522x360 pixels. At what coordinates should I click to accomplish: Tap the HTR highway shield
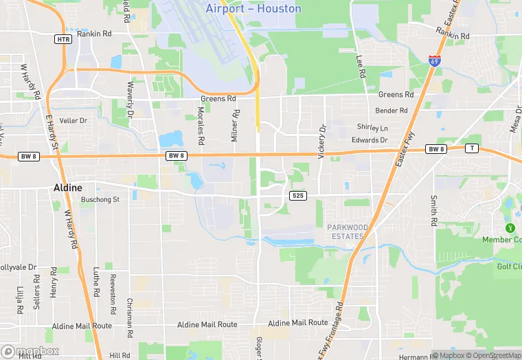64,39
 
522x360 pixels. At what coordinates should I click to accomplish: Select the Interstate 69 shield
434,61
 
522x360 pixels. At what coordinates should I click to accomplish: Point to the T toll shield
471,148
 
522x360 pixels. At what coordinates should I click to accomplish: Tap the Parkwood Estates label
348,232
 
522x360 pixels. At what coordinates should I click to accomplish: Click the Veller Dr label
73,120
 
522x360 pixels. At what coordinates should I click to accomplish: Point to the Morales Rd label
201,125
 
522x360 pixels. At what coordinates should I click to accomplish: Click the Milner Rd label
235,126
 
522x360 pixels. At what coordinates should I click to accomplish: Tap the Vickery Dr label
321,141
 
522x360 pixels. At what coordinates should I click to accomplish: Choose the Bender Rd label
391,110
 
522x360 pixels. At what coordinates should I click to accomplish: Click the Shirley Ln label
372,127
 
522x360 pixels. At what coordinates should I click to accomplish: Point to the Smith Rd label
433,211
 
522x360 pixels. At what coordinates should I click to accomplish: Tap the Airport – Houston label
253,9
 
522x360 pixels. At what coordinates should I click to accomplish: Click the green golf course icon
509,227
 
